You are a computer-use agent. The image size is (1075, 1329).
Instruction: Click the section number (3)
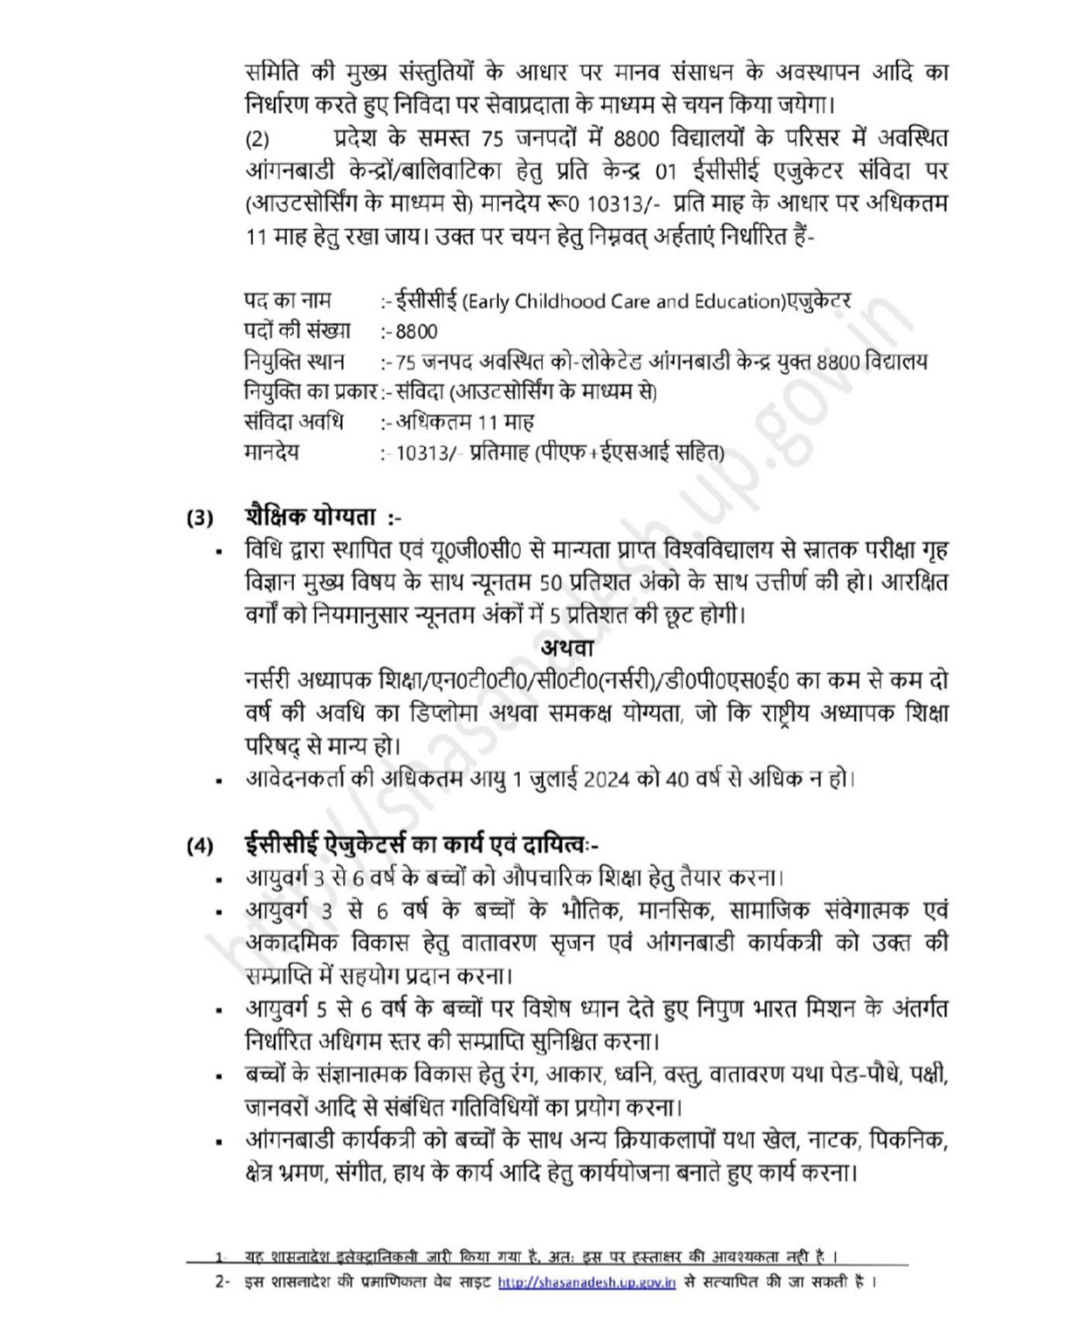200,517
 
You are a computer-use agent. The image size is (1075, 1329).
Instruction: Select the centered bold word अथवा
568,647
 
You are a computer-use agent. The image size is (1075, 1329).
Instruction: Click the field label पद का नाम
287,301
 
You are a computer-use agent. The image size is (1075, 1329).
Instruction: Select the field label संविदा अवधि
293,423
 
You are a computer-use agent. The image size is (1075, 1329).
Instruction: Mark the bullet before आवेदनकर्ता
220,781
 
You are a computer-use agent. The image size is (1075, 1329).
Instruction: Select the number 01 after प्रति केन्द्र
665,171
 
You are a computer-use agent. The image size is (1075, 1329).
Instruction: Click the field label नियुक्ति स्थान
294,362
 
